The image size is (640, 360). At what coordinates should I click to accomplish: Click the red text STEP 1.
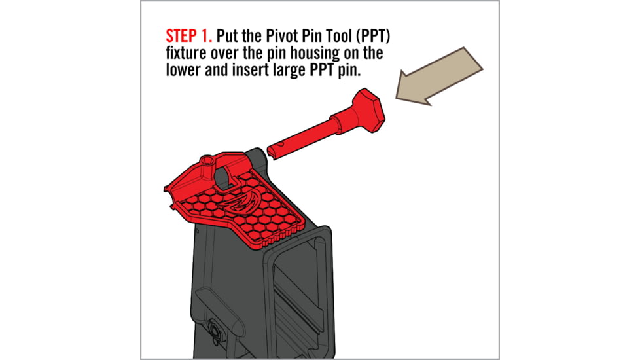tap(188, 33)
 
